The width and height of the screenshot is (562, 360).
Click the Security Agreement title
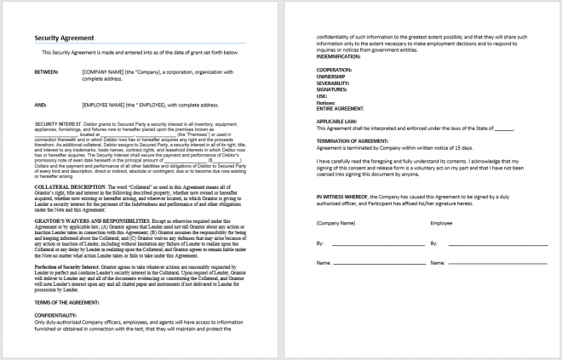pos(63,38)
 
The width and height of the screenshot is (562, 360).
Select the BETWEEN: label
pos(46,71)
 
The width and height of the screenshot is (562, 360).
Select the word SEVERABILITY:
pos(335,82)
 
